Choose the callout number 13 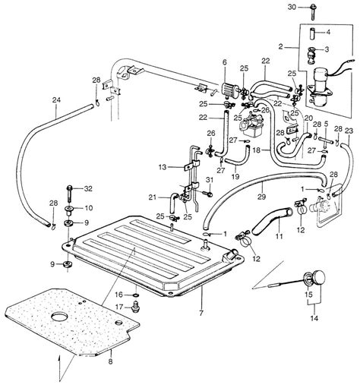162,166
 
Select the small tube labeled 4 309,33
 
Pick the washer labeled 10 68,207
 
